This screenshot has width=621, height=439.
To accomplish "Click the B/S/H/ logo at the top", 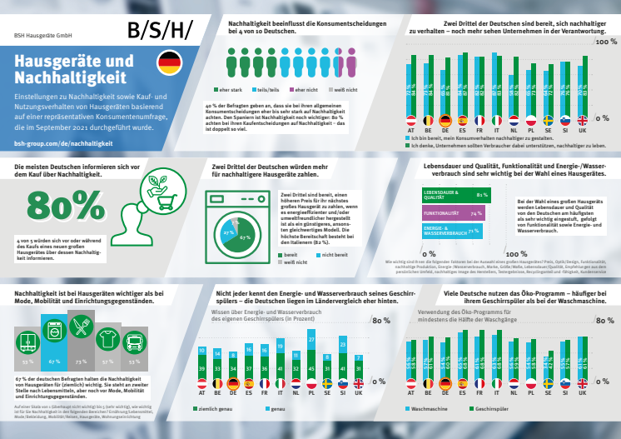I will point(159,31).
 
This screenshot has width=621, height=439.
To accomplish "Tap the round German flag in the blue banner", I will point(169,62).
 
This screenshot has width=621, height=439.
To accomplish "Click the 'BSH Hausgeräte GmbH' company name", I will point(44,37).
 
